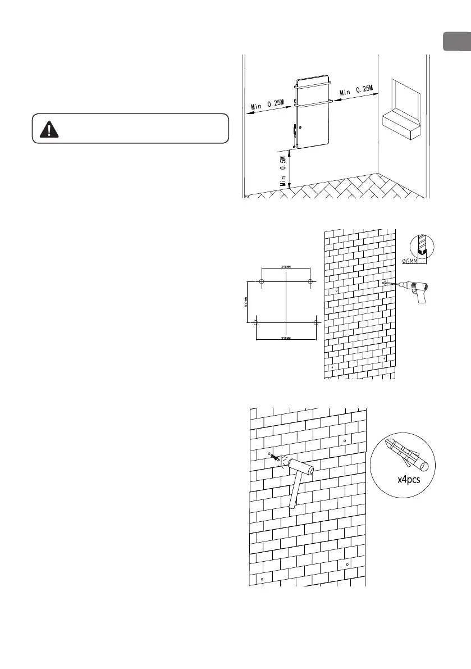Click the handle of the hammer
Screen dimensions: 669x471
click(294, 492)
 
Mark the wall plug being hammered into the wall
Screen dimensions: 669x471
click(277, 457)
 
